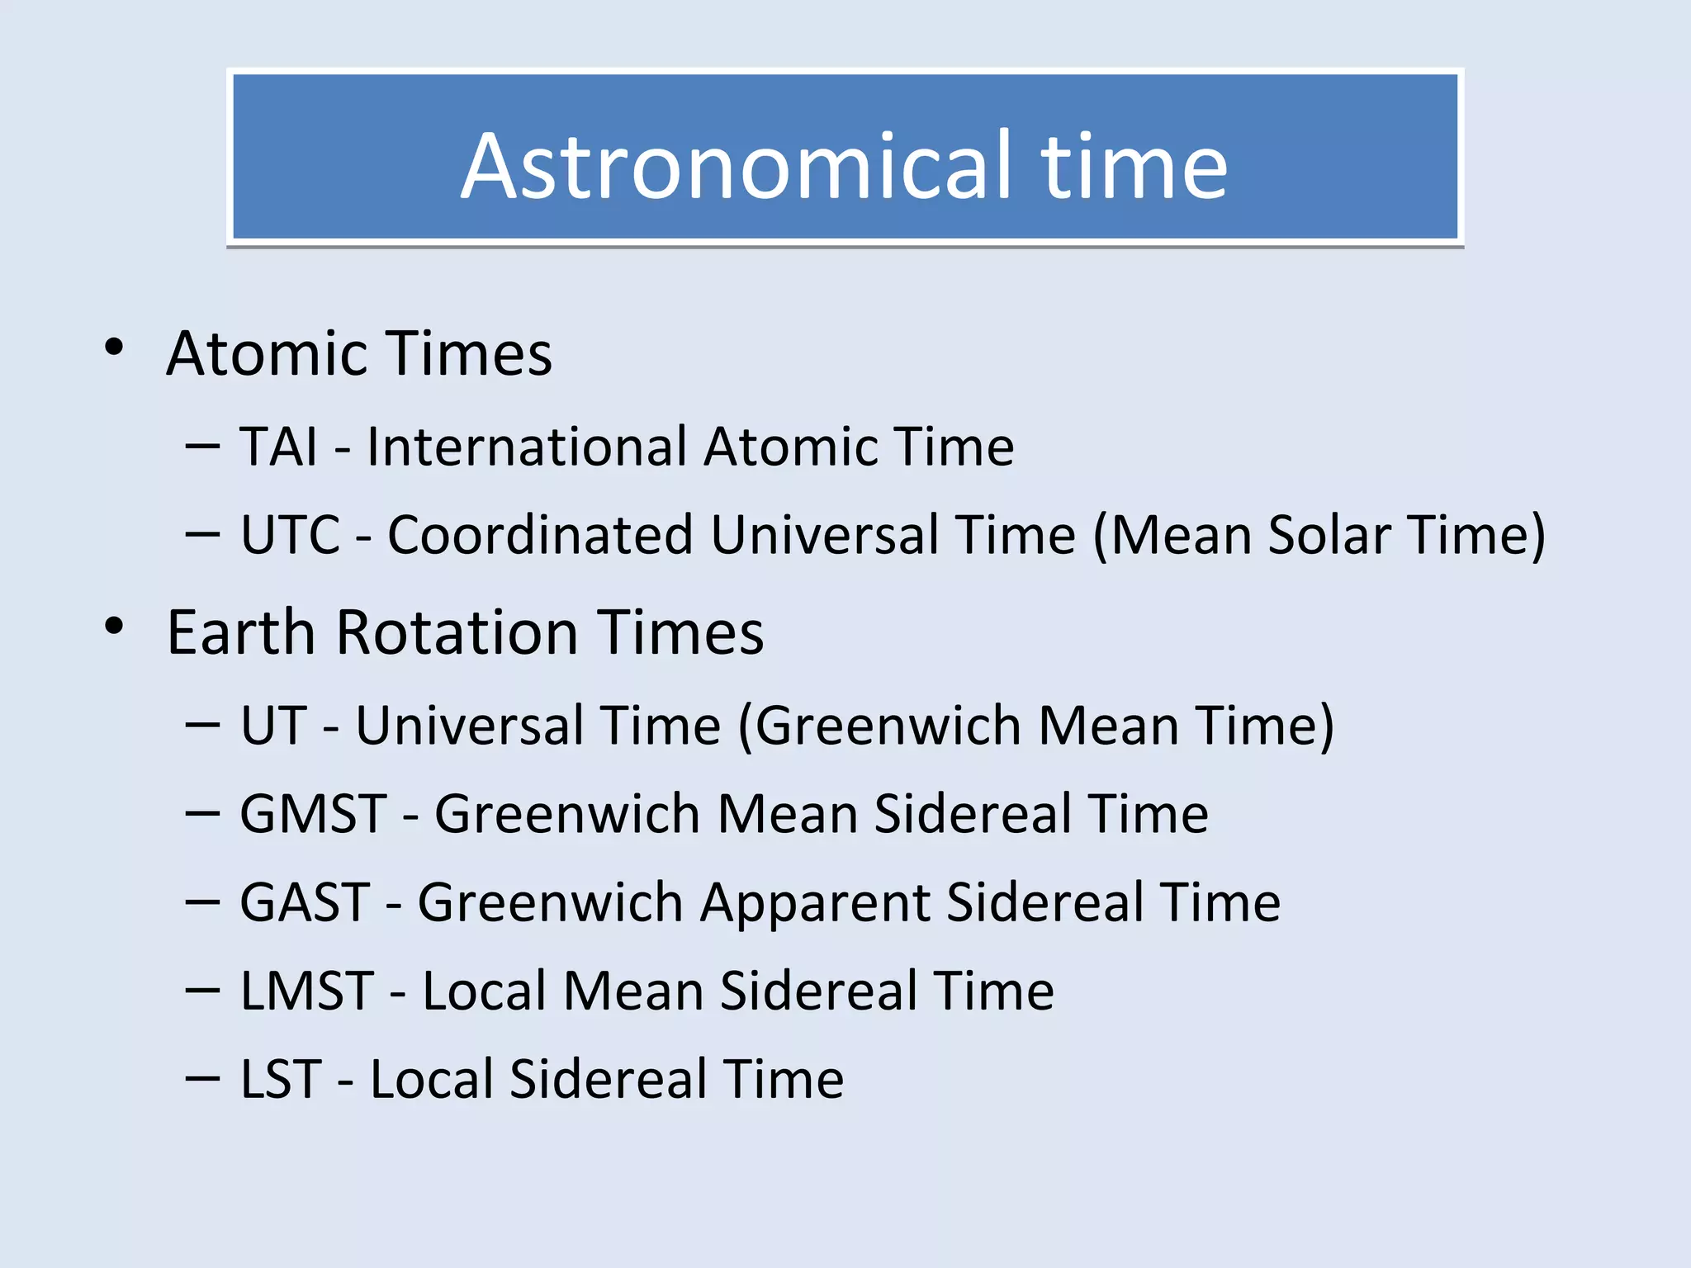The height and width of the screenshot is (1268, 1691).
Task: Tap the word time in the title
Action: click(1134, 167)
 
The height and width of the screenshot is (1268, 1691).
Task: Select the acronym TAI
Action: click(278, 447)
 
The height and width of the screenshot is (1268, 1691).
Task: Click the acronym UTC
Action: click(290, 535)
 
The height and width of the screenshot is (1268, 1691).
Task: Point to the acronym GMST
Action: click(313, 814)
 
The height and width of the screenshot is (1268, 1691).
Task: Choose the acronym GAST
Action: click(305, 902)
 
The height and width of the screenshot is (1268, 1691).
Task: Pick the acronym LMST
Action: click(307, 991)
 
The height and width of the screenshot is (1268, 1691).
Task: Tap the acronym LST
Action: click(281, 1079)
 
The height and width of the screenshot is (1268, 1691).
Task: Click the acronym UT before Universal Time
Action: click(273, 726)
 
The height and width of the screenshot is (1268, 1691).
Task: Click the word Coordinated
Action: click(539, 535)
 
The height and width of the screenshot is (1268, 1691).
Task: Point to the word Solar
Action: click(1329, 535)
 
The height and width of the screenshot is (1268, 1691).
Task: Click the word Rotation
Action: click(457, 633)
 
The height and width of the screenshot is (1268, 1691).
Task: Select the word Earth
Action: click(241, 633)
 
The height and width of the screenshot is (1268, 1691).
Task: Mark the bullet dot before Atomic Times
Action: click(114, 348)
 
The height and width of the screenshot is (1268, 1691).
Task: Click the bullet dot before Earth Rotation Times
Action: click(114, 627)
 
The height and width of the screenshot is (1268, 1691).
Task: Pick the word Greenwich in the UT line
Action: click(888, 726)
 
